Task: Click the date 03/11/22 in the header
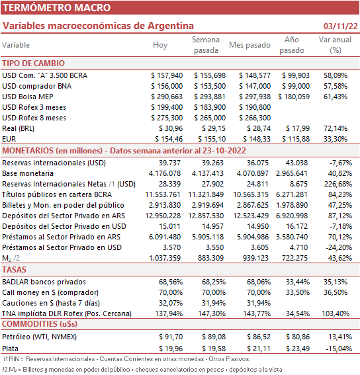[340, 26]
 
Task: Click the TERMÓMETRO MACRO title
[56, 8]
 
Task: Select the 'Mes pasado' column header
[249, 45]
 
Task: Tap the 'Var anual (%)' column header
[335, 45]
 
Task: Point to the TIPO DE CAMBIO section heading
[34, 63]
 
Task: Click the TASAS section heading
[14, 270]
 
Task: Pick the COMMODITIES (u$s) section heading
[40, 324]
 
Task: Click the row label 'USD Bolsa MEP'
[28, 97]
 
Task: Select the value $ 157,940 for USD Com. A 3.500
[167, 75]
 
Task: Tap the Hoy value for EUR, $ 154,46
[169, 139]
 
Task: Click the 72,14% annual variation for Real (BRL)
[336, 128]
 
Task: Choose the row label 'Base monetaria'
[28, 173]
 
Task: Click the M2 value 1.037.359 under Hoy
[165, 258]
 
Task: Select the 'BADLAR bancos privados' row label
[44, 282]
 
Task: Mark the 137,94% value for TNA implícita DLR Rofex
[169, 313]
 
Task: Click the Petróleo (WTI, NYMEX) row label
[40, 337]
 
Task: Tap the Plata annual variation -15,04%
[339, 349]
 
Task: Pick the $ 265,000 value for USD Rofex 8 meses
[210, 118]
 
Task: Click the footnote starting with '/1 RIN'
[127, 359]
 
